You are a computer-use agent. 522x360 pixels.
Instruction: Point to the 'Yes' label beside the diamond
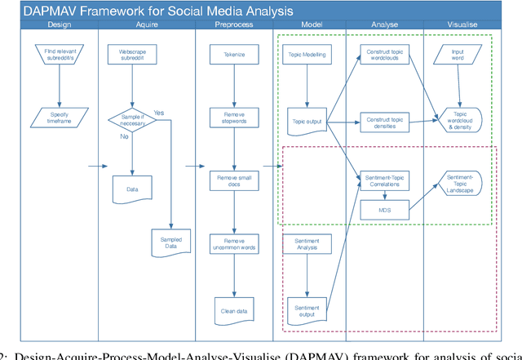(158, 113)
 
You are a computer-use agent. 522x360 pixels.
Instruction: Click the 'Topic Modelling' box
(307, 55)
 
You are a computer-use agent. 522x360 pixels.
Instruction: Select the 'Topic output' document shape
(307, 121)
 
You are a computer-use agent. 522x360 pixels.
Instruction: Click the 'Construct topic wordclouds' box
(383, 55)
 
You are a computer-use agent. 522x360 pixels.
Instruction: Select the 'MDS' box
(383, 211)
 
